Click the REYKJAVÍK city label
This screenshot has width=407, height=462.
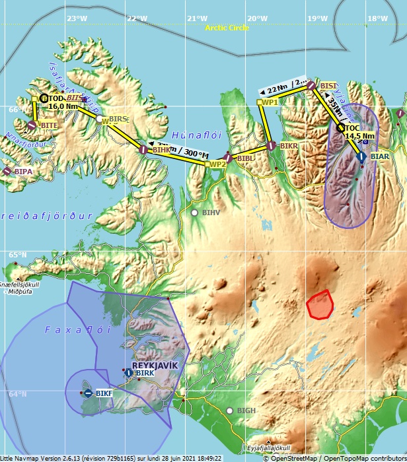pyautogui.click(x=153, y=364)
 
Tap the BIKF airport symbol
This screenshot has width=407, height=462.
pyautogui.click(x=88, y=393)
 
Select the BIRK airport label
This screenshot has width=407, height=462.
pyautogui.click(x=145, y=373)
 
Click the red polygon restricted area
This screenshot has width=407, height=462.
pyautogui.click(x=320, y=304)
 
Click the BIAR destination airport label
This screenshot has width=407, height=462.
pyautogui.click(x=380, y=156)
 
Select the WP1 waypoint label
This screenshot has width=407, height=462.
pyautogui.click(x=270, y=102)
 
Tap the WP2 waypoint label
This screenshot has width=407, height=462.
pyautogui.click(x=217, y=164)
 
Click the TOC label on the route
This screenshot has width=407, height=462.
pyautogui.click(x=352, y=127)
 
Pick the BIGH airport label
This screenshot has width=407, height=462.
pyautogui.click(x=246, y=411)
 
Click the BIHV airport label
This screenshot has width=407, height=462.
pyautogui.click(x=211, y=213)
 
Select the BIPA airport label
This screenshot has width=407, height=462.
pyautogui.click(x=23, y=171)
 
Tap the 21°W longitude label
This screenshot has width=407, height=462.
pyautogui.click(x=197, y=18)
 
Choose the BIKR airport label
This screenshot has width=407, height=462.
pyautogui.click(x=289, y=145)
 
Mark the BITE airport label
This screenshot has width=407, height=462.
pyautogui.click(x=49, y=125)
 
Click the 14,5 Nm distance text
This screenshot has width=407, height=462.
pyautogui.click(x=359, y=136)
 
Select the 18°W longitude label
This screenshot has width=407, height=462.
pyautogui.click(x=378, y=18)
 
